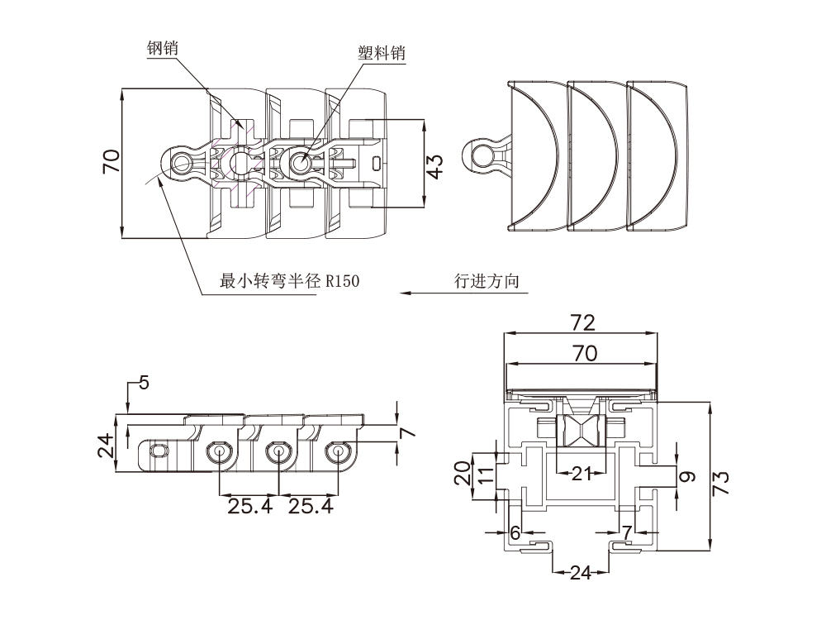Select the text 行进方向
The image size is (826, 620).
487,281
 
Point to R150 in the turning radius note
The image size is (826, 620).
343,282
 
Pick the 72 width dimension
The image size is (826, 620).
583,322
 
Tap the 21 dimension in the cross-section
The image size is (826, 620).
582,474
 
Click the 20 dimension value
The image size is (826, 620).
463,475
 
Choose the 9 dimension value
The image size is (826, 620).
690,476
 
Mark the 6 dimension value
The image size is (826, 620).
515,533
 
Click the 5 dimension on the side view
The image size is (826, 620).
144,383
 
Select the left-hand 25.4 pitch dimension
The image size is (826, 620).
249,506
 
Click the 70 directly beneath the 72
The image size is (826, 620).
583,353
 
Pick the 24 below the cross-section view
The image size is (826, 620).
582,572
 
